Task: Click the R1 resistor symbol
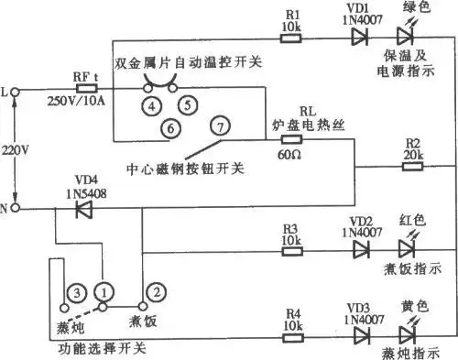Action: tap(292, 39)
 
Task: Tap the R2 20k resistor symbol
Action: tap(413, 168)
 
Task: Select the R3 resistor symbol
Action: tap(292, 249)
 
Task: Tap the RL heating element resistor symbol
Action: tap(291, 140)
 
